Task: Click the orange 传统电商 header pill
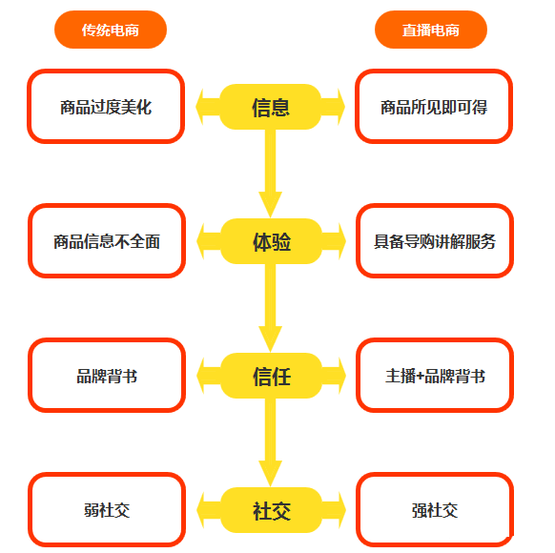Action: click(111, 30)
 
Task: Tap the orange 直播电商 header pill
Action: click(431, 30)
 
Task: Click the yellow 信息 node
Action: click(271, 107)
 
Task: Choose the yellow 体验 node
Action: click(271, 241)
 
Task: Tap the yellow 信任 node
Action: click(271, 376)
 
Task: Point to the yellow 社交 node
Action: click(271, 510)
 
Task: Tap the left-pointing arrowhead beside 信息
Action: click(199, 107)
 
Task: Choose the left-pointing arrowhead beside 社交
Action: click(200, 510)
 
